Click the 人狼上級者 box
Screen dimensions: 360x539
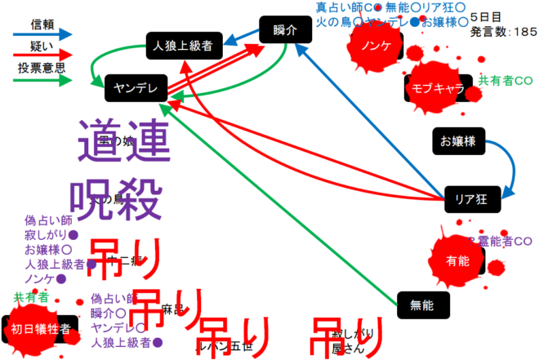(183, 46)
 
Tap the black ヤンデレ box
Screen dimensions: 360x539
(136, 87)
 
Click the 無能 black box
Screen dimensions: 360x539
(422, 304)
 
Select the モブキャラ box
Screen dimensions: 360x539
(437, 87)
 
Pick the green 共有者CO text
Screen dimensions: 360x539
(506, 82)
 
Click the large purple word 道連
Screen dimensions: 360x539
(125, 139)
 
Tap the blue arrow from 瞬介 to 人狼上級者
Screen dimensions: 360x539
(240, 37)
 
